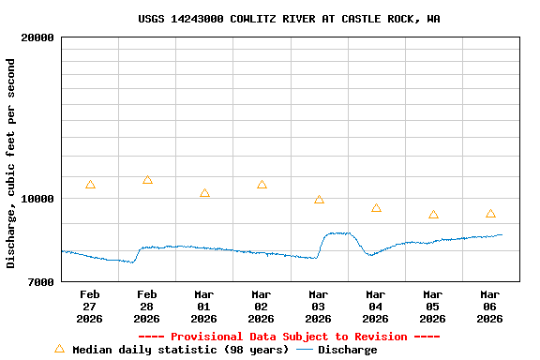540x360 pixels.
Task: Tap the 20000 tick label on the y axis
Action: pos(37,38)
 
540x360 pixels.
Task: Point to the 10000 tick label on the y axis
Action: pos(37,199)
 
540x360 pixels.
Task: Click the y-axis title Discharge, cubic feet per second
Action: pos(11,163)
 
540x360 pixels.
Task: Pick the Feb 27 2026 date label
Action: pos(90,307)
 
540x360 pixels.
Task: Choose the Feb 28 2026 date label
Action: pos(147,307)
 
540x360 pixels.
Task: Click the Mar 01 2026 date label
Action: pos(204,307)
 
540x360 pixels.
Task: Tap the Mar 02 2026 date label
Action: pos(262,307)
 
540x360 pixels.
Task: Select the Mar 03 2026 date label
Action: pos(319,307)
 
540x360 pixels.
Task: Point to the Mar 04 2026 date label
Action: pos(376,307)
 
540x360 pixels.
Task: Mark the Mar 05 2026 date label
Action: pos(433,307)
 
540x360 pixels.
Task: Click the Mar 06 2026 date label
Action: pos(490,307)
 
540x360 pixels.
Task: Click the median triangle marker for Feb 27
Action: pos(90,185)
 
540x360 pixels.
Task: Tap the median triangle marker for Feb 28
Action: pos(147,180)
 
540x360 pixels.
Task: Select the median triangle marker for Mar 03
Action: pos(319,200)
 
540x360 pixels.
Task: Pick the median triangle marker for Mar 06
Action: pos(490,214)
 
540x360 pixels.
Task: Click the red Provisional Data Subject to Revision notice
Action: pos(289,337)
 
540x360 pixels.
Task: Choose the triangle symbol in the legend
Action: pos(60,349)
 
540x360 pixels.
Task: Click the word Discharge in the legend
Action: pos(347,350)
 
